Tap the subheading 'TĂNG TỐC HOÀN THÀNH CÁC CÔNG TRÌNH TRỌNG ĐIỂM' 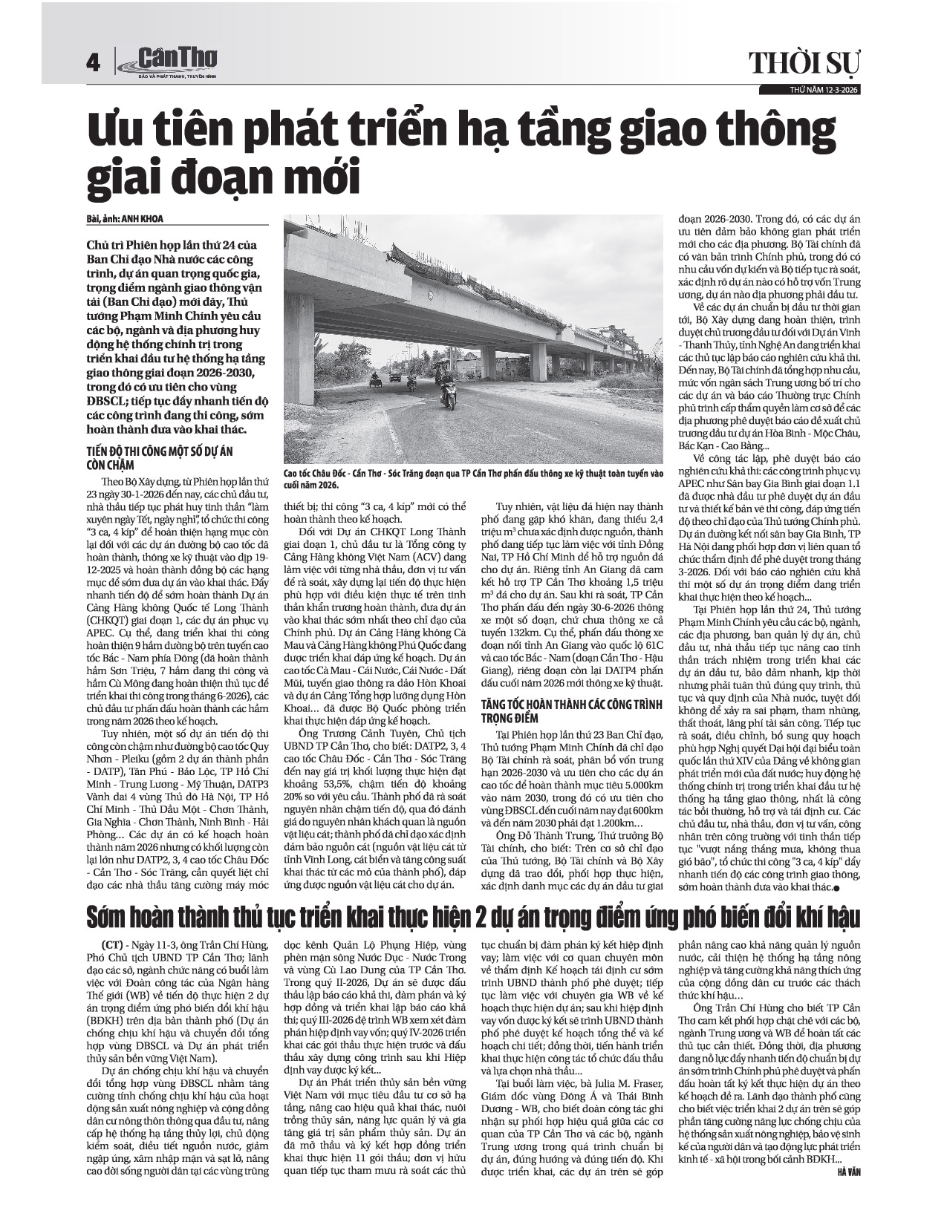(571, 709)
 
